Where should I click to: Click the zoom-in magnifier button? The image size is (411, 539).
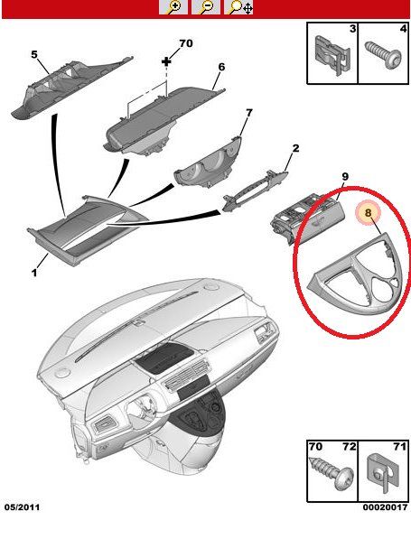pyautogui.click(x=173, y=7)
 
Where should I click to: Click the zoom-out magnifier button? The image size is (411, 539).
pyautogui.click(x=206, y=7)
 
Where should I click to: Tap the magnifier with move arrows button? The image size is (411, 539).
pyautogui.click(x=238, y=7)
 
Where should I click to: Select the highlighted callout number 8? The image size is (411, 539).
pyautogui.click(x=369, y=213)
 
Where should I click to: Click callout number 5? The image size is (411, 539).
pyautogui.click(x=34, y=54)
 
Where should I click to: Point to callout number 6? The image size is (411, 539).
pyautogui.click(x=221, y=67)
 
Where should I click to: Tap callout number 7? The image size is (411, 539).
pyautogui.click(x=248, y=113)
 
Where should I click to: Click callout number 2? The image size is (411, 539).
pyautogui.click(x=295, y=148)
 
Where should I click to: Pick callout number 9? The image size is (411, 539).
pyautogui.click(x=345, y=177)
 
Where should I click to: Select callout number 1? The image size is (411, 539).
pyautogui.click(x=34, y=273)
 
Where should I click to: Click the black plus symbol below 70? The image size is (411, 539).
pyautogui.click(x=166, y=61)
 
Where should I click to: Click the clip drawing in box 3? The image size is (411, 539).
pyautogui.click(x=332, y=54)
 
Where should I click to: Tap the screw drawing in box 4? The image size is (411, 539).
pyautogui.click(x=384, y=55)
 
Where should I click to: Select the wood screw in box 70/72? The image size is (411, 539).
pyautogui.click(x=332, y=473)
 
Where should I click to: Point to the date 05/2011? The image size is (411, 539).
pyautogui.click(x=22, y=507)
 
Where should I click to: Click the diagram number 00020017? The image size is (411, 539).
pyautogui.click(x=385, y=507)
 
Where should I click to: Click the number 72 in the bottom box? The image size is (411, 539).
pyautogui.click(x=350, y=447)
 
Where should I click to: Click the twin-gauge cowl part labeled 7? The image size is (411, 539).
pyautogui.click(x=209, y=162)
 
